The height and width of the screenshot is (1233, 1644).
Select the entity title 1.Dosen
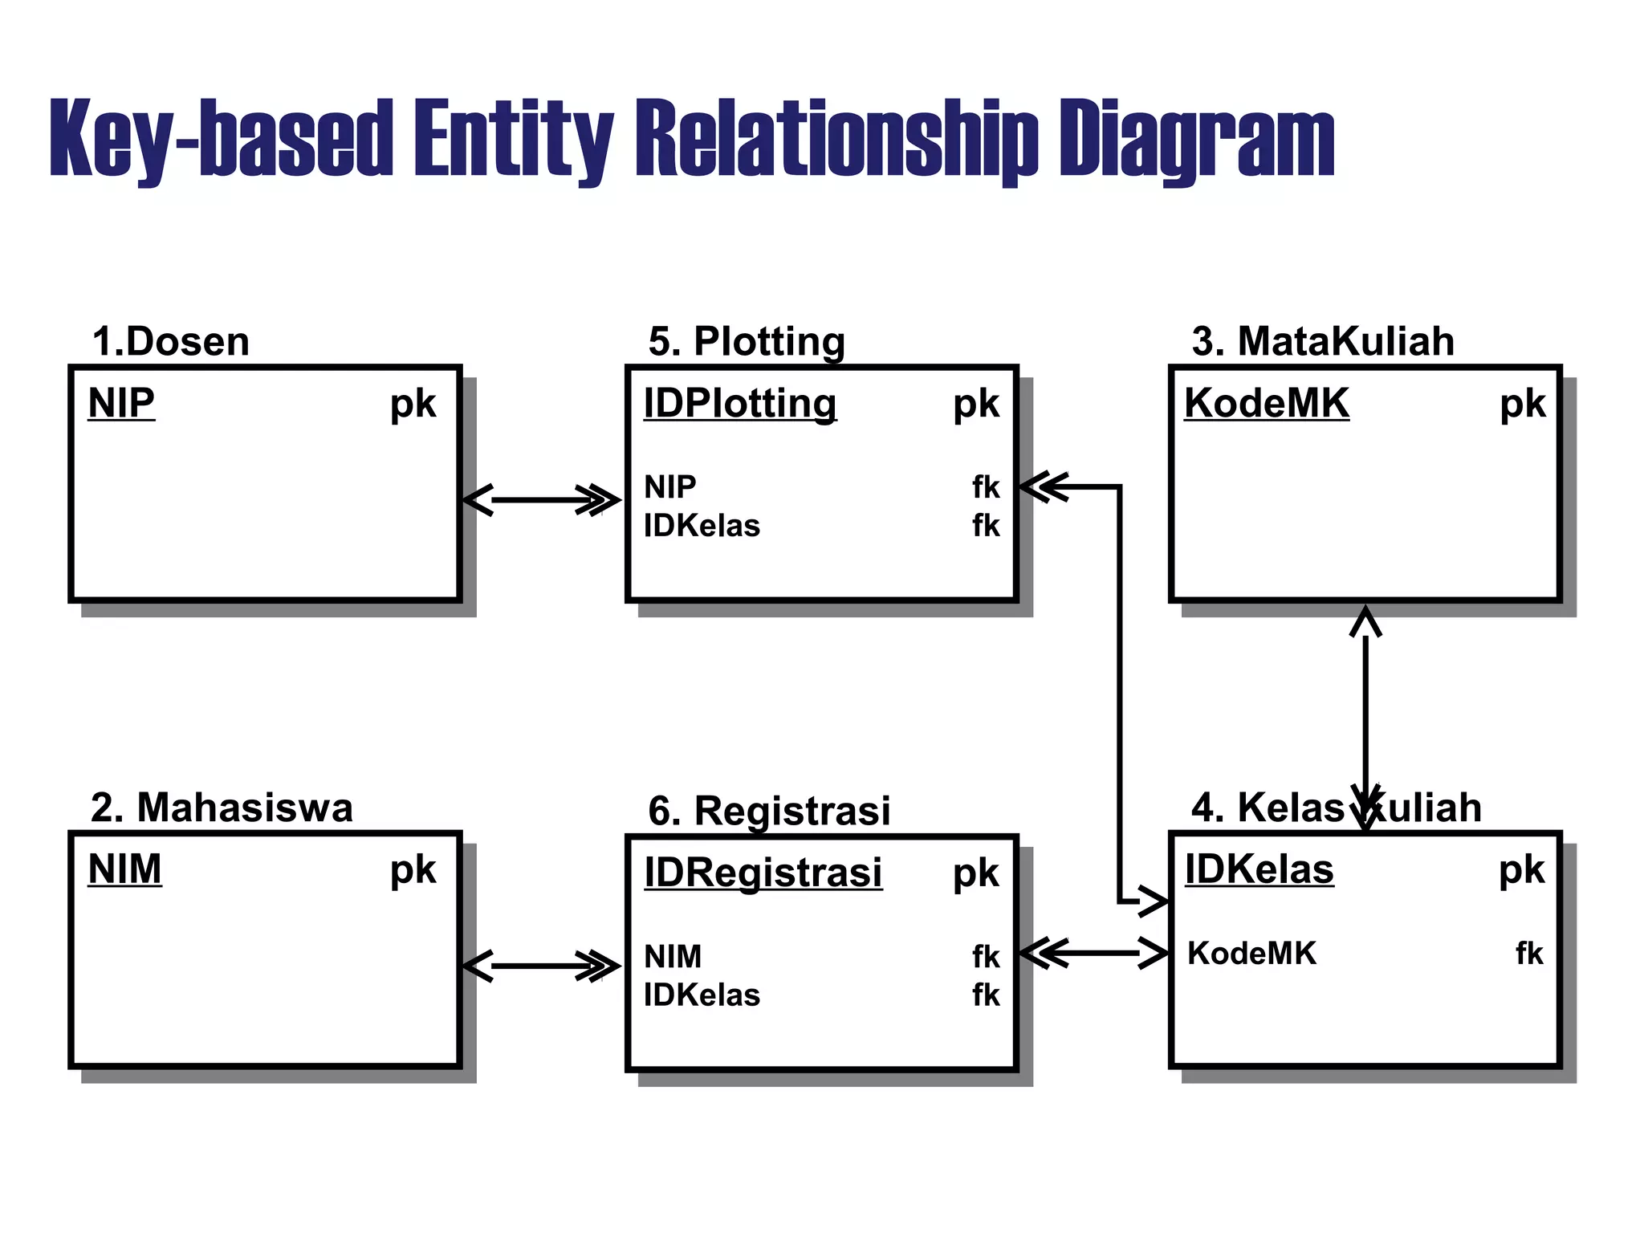coord(170,342)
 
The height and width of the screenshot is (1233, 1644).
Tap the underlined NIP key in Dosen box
coord(121,403)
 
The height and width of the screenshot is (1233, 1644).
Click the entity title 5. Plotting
coord(747,342)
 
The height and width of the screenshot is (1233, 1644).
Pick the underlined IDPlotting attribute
coord(739,404)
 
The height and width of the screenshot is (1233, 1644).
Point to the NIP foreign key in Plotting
coord(669,487)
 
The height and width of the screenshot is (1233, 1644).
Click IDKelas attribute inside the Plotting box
coord(702,526)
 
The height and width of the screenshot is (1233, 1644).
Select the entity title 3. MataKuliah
coord(1323,342)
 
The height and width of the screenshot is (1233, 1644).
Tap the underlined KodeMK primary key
coord(1267,403)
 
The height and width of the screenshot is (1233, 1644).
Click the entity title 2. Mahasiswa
coord(222,808)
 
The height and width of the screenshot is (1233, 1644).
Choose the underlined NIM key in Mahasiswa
coord(124,869)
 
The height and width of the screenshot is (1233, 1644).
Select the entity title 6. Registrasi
coord(769,811)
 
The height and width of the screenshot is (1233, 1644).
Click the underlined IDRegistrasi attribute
coord(763,873)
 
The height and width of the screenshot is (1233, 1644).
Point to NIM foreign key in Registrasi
coord(673,957)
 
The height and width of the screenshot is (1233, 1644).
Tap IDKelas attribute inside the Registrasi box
coord(702,995)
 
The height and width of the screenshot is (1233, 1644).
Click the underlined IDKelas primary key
coord(1259,869)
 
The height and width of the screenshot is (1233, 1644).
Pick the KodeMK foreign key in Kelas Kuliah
coord(1251,954)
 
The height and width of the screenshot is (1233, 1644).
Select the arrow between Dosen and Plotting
coord(543,500)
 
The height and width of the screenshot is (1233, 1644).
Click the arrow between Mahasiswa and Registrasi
coord(543,966)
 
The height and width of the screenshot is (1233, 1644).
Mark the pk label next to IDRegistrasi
coord(976,873)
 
